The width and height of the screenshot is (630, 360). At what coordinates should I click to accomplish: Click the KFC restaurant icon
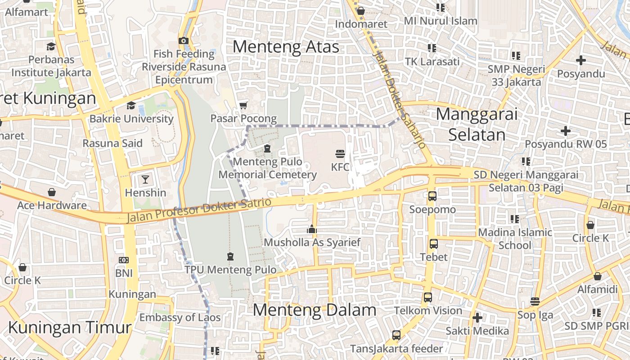(340, 153)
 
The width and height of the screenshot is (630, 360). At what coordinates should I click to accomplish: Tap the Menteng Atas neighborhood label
(286, 46)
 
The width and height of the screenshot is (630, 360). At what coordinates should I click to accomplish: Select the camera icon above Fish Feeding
(183, 40)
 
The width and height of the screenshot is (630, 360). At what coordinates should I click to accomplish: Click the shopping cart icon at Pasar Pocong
(243, 105)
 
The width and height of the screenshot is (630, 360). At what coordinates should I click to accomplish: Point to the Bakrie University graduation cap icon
(131, 105)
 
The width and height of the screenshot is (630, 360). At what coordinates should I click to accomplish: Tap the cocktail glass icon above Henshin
(145, 180)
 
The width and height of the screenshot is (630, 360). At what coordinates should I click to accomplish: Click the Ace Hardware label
(52, 205)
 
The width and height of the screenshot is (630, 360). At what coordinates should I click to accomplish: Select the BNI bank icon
(123, 260)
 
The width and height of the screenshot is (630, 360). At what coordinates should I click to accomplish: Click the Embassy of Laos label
(180, 317)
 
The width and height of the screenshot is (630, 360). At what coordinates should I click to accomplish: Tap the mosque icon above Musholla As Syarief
(312, 229)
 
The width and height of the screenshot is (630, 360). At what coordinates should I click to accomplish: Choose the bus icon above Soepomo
(432, 196)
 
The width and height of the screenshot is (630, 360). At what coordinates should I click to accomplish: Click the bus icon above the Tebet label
(433, 244)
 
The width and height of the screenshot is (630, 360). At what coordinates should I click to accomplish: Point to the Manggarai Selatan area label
(477, 124)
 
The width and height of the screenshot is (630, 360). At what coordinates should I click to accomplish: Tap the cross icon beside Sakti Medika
(477, 318)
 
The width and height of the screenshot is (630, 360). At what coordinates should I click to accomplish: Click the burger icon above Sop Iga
(535, 301)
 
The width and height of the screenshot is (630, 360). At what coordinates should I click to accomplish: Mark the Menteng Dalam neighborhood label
(314, 310)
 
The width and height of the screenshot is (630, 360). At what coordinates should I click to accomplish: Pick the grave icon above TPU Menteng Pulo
(230, 256)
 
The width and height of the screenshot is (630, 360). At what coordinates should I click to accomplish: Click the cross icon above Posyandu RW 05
(566, 131)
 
